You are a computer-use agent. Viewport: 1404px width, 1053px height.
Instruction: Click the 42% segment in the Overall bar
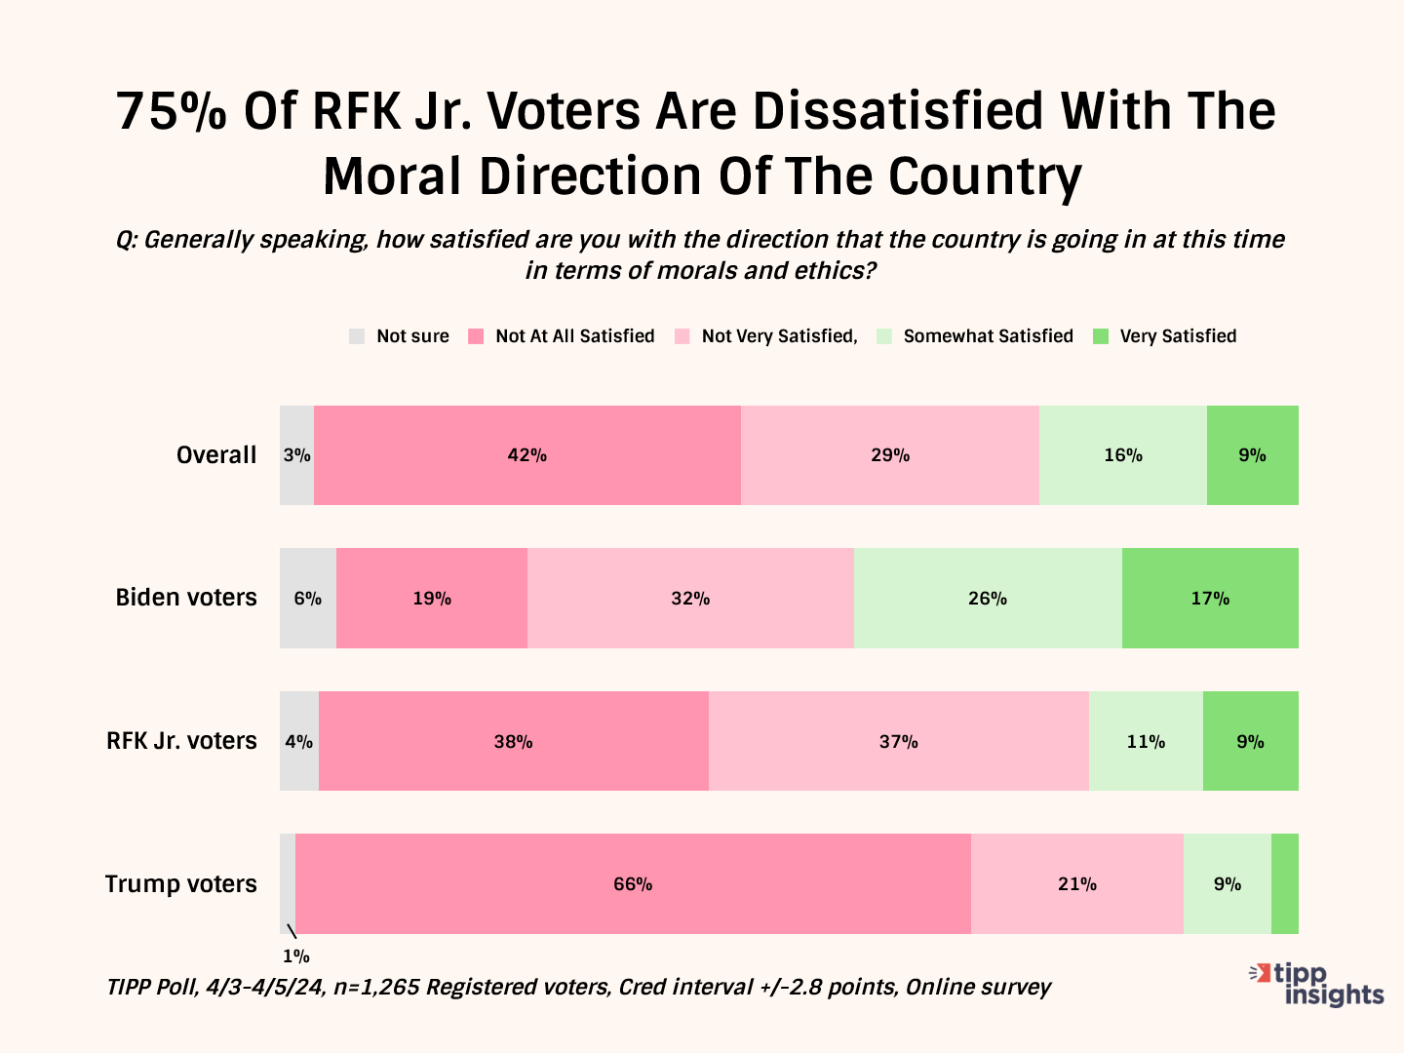click(527, 455)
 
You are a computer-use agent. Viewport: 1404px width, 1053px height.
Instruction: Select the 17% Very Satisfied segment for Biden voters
click(1210, 598)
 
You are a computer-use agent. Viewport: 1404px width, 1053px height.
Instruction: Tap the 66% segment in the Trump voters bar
click(633, 883)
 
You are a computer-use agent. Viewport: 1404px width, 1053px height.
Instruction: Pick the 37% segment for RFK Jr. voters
click(898, 741)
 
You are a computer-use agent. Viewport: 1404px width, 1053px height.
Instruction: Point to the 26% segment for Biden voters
click(988, 598)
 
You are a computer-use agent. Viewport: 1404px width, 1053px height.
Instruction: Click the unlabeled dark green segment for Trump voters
click(1284, 883)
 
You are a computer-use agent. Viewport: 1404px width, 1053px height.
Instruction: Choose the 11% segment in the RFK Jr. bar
click(1146, 741)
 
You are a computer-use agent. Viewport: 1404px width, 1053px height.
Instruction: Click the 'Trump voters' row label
click(180, 884)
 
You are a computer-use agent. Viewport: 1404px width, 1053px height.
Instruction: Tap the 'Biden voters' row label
click(186, 598)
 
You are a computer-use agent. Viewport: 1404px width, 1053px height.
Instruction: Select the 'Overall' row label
click(216, 455)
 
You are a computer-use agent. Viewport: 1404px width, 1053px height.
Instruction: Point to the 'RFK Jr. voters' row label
click(181, 741)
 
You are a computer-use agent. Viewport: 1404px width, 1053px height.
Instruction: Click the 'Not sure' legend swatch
click(357, 336)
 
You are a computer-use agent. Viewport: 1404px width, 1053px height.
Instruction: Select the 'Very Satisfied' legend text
click(1178, 336)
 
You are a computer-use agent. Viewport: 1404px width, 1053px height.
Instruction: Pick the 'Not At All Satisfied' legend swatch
click(476, 336)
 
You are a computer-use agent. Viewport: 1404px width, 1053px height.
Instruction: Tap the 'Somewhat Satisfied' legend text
click(988, 336)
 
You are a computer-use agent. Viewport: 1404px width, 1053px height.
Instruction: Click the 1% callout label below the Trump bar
click(296, 956)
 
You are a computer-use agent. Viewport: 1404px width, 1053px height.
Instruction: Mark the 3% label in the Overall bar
click(297, 455)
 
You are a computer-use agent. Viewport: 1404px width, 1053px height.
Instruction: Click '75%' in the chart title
click(172, 111)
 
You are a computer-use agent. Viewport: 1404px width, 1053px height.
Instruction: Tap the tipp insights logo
click(1318, 984)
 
